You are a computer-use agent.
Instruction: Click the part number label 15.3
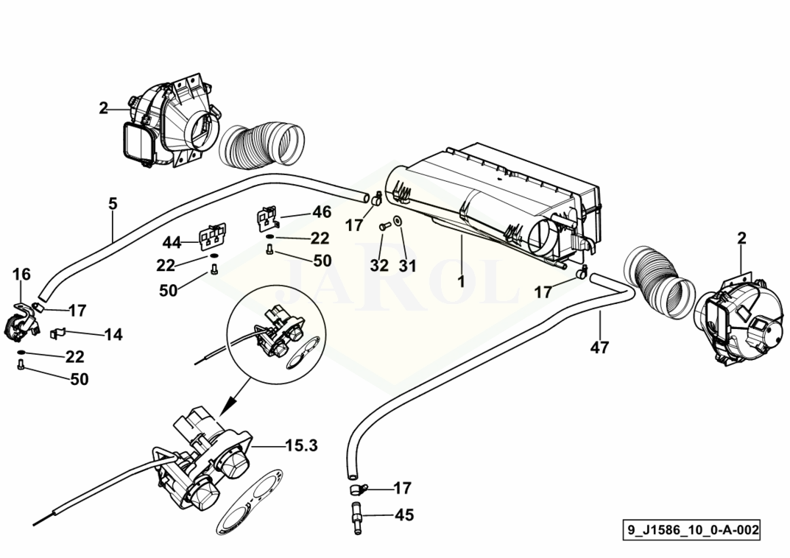point(302,445)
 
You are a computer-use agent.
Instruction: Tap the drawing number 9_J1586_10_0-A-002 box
point(692,530)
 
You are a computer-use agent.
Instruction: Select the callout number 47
point(599,347)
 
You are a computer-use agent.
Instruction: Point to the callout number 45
point(403,515)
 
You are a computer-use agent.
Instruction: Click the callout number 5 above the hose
point(113,204)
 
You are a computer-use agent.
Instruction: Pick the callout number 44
point(172,243)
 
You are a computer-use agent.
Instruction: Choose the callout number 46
point(322,212)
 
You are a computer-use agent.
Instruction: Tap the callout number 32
point(379,265)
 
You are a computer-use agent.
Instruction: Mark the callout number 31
point(408,265)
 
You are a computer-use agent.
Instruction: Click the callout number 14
point(113,334)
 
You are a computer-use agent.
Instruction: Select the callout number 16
point(21,275)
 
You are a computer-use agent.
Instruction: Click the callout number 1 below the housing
point(461,281)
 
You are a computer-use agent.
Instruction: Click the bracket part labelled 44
point(213,237)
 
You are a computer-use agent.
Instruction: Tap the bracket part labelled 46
point(268,219)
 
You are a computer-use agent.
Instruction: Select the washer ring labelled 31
point(398,221)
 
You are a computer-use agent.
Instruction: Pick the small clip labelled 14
point(58,333)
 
